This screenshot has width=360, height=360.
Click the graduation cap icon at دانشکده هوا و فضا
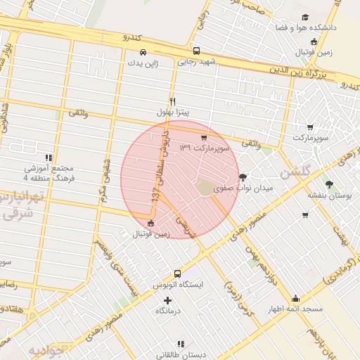point(304,17)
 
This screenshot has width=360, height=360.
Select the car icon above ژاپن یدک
point(143,52)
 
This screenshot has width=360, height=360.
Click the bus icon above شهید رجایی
point(196,51)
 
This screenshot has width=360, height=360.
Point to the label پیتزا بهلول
point(173,112)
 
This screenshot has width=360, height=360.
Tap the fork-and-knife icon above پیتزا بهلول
point(172,101)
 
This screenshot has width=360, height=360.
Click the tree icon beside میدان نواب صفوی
point(243,177)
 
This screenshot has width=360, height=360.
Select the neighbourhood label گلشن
point(293,172)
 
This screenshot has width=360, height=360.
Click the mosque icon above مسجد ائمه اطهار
point(295,298)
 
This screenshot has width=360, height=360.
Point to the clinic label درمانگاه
point(168,310)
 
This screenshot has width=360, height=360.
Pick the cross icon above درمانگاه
point(167,300)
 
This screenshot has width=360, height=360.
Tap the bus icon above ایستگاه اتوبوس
point(176,274)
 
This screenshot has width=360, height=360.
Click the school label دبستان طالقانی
point(181,354)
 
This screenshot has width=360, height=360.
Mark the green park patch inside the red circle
point(205,187)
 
